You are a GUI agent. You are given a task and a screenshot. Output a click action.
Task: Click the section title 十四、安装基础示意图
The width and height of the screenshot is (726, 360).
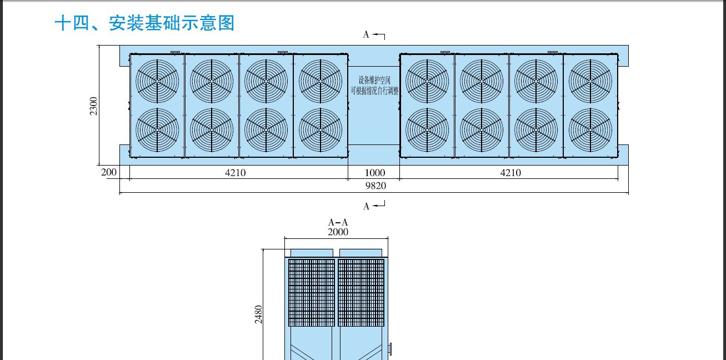pyautogui.click(x=144, y=23)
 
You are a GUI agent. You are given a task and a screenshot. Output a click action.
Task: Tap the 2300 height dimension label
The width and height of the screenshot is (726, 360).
pyautogui.click(x=94, y=106)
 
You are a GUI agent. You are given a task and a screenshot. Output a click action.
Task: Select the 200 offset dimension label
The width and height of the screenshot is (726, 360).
pyautogui.click(x=108, y=172)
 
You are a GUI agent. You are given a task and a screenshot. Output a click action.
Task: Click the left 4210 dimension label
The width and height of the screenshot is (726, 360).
pyautogui.click(x=236, y=173)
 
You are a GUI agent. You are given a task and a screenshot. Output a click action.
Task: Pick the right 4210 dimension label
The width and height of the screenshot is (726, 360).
pyautogui.click(x=510, y=173)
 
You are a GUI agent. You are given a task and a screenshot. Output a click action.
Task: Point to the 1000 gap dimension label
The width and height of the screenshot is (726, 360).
pyautogui.click(x=375, y=173)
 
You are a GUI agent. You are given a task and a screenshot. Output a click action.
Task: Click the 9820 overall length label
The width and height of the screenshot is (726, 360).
pyautogui.click(x=375, y=186)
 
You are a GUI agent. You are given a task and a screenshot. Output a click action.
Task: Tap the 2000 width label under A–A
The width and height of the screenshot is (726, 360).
pyautogui.click(x=338, y=232)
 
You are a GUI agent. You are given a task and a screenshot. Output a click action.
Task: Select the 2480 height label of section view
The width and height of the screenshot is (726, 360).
pyautogui.click(x=258, y=314)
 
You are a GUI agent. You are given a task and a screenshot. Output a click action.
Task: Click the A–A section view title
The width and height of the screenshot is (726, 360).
pyautogui.click(x=338, y=222)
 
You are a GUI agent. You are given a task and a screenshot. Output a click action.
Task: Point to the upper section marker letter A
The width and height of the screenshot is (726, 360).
pyautogui.click(x=366, y=34)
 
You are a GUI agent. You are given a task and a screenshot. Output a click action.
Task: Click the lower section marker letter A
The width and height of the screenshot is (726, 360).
pyautogui.click(x=366, y=207)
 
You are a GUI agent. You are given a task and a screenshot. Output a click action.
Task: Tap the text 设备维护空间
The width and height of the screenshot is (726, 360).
pyautogui.click(x=374, y=80)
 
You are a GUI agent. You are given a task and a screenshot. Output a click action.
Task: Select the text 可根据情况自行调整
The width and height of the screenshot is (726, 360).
pyautogui.click(x=375, y=91)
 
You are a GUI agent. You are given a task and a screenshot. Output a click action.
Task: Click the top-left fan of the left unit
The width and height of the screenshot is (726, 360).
pyautogui.click(x=157, y=81)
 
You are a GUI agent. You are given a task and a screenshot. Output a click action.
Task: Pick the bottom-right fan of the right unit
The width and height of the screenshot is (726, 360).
pyautogui.click(x=590, y=130)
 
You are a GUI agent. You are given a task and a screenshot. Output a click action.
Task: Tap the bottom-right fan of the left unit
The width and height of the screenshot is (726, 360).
pyautogui.click(x=321, y=130)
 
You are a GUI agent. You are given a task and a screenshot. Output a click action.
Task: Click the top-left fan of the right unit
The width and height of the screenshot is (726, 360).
pyautogui.click(x=427, y=81)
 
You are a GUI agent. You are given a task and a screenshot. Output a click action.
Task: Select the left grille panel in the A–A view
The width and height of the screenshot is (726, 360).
pyautogui.click(x=312, y=293)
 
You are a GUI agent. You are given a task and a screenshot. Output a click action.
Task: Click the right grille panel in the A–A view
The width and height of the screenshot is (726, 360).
pyautogui.click(x=361, y=293)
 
